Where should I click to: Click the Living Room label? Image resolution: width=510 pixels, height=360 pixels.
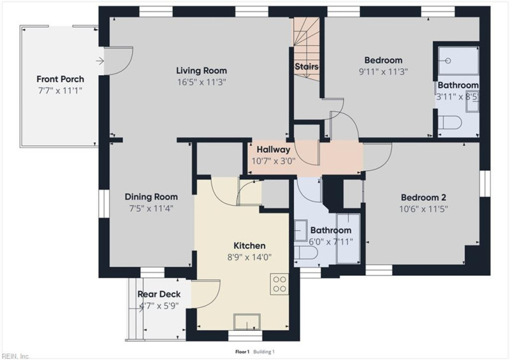click(x=201, y=71)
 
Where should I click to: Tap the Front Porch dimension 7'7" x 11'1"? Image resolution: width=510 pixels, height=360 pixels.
click(x=60, y=90)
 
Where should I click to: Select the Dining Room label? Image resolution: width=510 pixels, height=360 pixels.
click(x=151, y=197)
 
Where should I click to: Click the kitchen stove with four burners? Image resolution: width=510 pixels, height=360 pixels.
click(x=279, y=284)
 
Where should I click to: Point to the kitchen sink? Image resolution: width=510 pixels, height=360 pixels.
click(x=247, y=322)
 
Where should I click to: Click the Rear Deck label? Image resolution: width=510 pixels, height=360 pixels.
click(x=159, y=294)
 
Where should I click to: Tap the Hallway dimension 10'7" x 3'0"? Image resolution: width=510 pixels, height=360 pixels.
click(x=273, y=161)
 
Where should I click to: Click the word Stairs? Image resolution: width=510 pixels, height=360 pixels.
click(x=307, y=67)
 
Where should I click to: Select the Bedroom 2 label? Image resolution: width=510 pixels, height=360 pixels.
click(x=423, y=198)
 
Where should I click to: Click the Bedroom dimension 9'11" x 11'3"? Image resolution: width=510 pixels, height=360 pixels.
click(x=383, y=71)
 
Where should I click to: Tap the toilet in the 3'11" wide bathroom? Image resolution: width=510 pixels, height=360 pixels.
click(x=450, y=122)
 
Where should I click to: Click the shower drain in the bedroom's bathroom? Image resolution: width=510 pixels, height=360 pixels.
click(x=448, y=61)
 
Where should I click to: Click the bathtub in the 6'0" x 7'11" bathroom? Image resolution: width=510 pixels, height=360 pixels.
click(x=348, y=239)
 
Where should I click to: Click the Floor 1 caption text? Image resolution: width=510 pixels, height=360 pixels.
click(x=242, y=352)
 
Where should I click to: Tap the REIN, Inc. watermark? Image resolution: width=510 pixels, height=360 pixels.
click(x=15, y=356)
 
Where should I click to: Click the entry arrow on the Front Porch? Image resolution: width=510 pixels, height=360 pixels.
click(x=100, y=61)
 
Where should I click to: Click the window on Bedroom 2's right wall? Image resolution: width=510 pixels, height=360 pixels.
click(x=485, y=184)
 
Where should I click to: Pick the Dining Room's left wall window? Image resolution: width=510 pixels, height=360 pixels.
click(x=104, y=204)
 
